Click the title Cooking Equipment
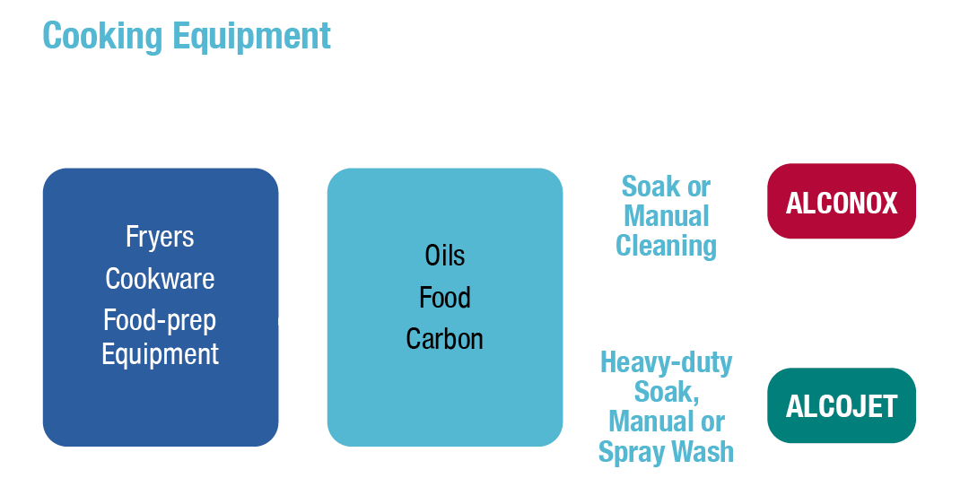187,36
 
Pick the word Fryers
160,238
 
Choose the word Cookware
160,279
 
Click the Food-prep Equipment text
160,336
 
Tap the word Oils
445,256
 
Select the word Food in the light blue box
445,298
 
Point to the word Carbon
445,339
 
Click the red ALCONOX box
842,204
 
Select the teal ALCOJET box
842,406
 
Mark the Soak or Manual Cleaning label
667,216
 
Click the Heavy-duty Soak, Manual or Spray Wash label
666,408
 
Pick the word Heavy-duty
666,363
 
